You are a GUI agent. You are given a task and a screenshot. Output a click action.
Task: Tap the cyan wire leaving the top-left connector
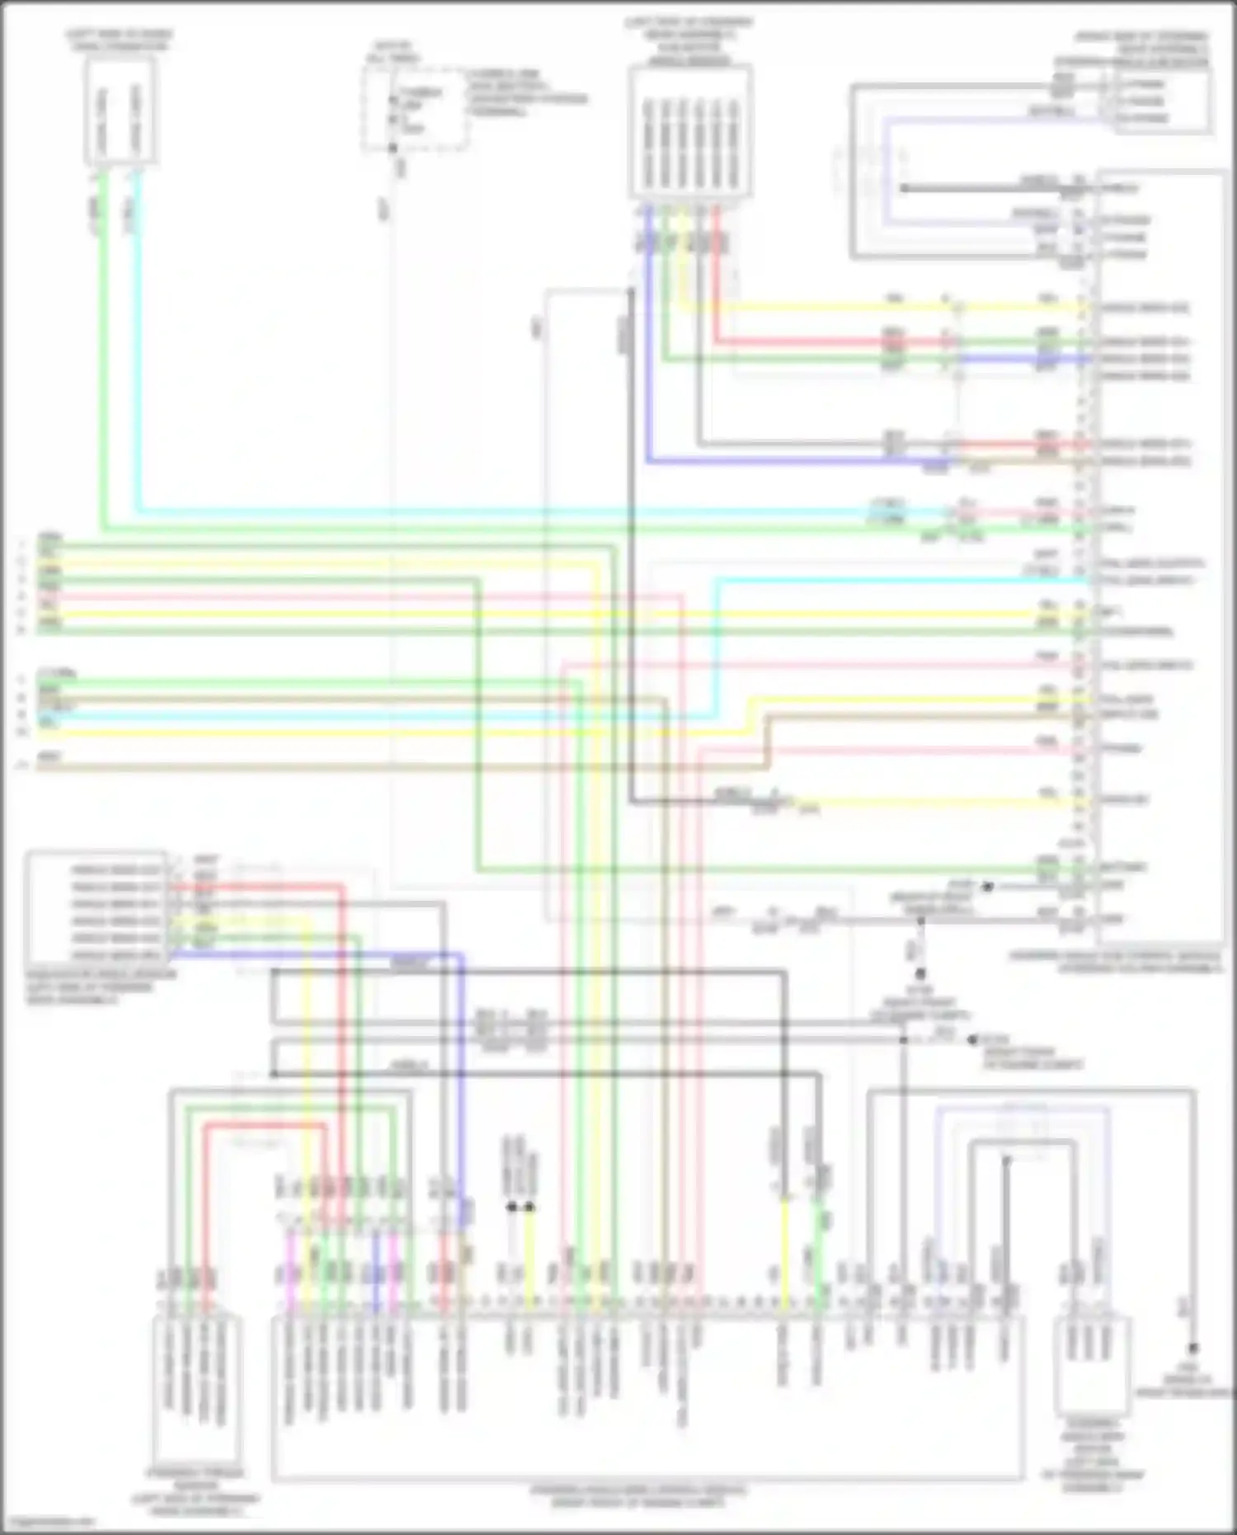pos(137,330)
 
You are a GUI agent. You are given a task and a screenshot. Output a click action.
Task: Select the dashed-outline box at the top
pos(414,110)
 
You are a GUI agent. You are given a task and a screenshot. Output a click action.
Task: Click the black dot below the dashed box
pos(393,148)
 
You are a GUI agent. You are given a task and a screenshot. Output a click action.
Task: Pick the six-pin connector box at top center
pos(689,132)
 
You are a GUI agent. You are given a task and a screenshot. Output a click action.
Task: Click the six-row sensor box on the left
pos(97,907)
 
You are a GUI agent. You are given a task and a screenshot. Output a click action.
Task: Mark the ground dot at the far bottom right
pos(1192,1349)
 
